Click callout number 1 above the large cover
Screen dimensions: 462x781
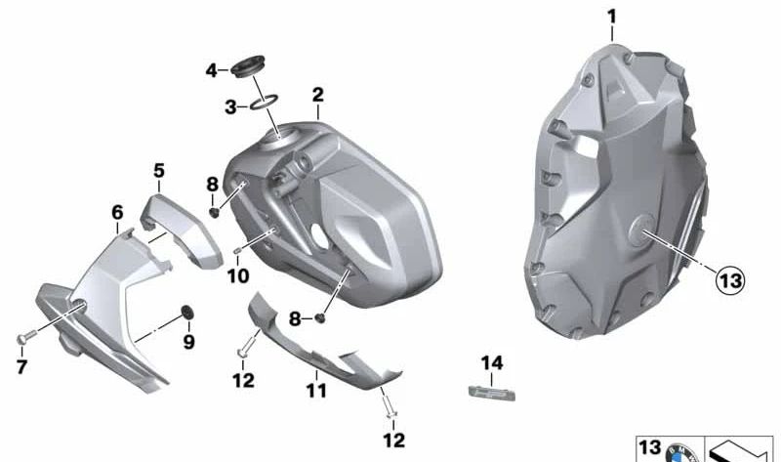pos(612,17)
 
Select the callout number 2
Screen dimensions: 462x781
pos(317,95)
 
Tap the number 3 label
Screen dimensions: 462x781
pos(231,106)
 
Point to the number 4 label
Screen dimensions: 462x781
pos(211,70)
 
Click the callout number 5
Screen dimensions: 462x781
pos(159,171)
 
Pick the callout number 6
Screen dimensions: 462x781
pos(117,212)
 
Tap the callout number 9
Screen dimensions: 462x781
pos(188,342)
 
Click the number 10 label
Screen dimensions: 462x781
pos(238,276)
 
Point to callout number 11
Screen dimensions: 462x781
pos(314,392)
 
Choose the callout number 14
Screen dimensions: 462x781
pos(492,363)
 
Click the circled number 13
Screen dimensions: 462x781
pos(729,281)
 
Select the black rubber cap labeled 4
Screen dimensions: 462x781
pos(248,69)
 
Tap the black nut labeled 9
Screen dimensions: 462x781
pos(185,312)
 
